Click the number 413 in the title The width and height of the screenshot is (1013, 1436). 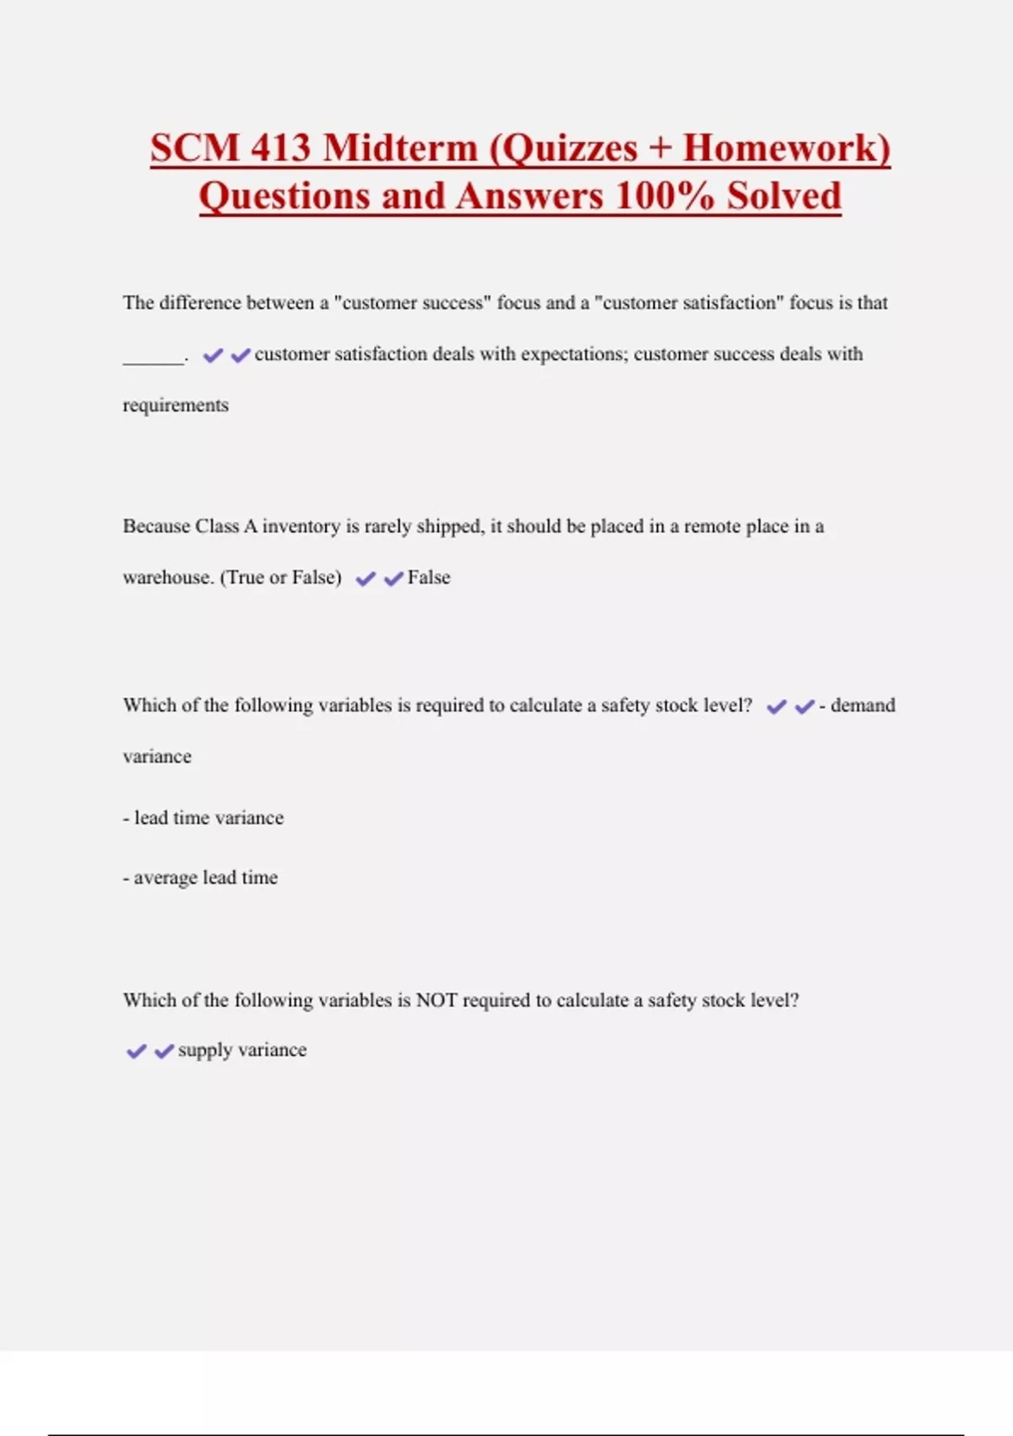pos(281,149)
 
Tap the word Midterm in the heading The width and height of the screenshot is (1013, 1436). pos(400,149)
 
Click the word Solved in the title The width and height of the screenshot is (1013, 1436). pos(784,197)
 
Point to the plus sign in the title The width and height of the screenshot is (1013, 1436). pos(660,149)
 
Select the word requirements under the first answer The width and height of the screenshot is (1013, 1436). pos(176,405)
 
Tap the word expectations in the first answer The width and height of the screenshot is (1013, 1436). pos(572,354)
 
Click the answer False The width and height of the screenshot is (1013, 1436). pos(429,578)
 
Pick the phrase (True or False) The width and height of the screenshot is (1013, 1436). pos(281,578)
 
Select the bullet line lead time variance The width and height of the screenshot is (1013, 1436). pos(203,818)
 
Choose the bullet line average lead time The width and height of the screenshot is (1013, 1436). pos(201,878)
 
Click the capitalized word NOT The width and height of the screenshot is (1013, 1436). pos(436,1000)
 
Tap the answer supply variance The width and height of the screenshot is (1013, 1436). pos(242,1050)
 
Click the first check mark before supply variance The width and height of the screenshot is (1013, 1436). pos(136,1052)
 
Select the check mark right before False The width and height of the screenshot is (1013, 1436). pos(393,579)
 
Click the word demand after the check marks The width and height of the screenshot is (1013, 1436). pos(863,705)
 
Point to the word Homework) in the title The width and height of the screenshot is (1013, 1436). pos(786,149)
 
